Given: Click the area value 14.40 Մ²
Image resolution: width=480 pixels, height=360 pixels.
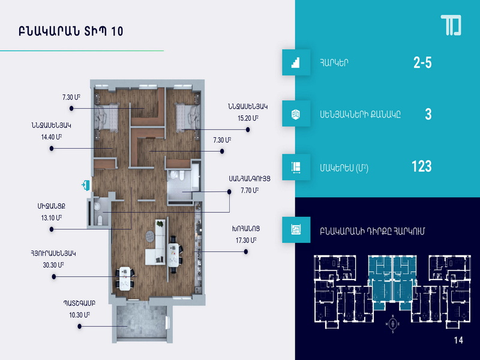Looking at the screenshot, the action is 52,137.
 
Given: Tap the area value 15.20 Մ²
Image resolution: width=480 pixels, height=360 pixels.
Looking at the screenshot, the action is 248,118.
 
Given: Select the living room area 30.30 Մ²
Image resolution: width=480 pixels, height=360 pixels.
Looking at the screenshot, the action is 53,265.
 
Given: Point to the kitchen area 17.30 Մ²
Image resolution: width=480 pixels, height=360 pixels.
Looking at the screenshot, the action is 246,241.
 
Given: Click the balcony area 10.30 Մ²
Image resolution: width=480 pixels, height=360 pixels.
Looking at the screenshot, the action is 79,314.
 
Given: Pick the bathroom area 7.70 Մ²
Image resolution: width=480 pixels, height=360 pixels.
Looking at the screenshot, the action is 250,190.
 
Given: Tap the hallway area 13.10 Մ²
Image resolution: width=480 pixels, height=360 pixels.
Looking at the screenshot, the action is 52,218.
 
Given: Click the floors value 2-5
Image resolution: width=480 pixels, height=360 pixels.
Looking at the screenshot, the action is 422,63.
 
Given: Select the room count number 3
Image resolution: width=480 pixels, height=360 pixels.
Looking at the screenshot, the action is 428,114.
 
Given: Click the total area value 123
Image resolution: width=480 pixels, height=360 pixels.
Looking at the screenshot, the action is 422,166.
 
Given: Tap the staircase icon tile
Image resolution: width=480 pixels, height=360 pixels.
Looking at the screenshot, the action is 296,62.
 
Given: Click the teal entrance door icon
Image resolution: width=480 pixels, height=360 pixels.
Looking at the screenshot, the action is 85,185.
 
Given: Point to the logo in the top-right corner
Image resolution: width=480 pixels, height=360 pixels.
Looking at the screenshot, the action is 451,25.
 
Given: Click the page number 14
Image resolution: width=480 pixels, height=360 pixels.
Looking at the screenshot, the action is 458,340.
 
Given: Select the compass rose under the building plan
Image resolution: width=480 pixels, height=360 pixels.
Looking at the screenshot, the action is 393,323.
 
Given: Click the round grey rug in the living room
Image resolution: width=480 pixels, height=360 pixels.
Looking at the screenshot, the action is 150,236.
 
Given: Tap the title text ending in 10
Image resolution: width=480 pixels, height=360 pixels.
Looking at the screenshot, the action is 71,31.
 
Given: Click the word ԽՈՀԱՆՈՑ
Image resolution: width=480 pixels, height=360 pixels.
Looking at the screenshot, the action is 246,229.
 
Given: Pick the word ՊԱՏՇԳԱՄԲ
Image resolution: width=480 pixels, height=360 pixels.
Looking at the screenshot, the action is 79,303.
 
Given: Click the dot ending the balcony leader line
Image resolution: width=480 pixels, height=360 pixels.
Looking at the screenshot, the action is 80,326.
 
